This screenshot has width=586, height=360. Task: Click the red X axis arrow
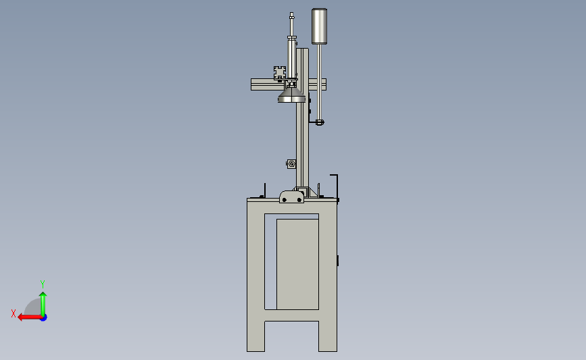[x=30, y=317]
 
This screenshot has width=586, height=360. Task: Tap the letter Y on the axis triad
[x=43, y=284]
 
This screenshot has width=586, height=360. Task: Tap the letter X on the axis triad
[x=14, y=313]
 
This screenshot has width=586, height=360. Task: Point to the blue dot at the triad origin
[x=43, y=317]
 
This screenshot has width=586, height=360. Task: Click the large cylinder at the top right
[x=319, y=26]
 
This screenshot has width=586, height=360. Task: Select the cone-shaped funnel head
[x=291, y=95]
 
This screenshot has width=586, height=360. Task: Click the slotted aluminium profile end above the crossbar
[x=280, y=72]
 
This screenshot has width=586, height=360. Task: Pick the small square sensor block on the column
[x=291, y=163]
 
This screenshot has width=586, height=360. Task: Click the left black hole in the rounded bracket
[x=285, y=200]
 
